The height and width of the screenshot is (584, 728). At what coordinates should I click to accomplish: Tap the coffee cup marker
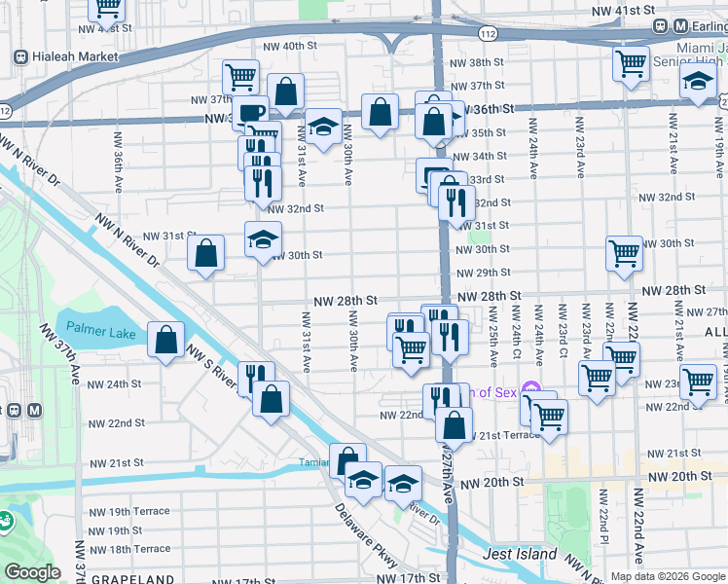251,112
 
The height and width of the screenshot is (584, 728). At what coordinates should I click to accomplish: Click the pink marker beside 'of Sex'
530,389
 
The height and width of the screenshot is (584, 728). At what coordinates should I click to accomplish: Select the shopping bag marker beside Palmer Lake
165,340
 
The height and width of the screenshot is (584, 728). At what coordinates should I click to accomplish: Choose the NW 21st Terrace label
508,434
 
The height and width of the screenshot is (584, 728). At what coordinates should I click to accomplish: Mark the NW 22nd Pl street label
603,526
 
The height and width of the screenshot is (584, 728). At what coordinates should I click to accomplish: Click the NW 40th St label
290,46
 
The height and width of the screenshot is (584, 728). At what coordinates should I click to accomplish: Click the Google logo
32,572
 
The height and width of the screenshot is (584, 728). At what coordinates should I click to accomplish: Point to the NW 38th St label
480,62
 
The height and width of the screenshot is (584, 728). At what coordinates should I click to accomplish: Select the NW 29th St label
484,274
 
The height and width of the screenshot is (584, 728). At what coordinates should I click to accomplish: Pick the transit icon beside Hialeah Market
20,57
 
